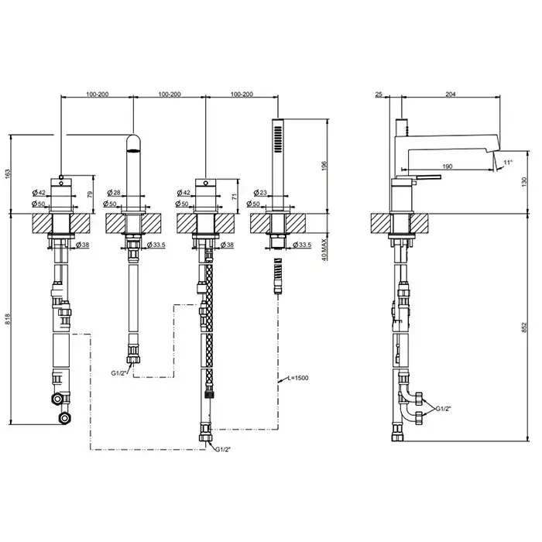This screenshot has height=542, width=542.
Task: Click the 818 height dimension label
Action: pyautogui.click(x=8, y=319)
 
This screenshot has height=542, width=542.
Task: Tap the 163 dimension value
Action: pyautogui.click(x=8, y=174)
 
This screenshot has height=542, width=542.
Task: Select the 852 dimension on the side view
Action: pyautogui.click(x=524, y=328)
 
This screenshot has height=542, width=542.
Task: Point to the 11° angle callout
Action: pyautogui.click(x=508, y=162)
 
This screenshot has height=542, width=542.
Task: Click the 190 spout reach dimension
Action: pyautogui.click(x=448, y=166)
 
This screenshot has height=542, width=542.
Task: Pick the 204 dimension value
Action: pyautogui.click(x=451, y=94)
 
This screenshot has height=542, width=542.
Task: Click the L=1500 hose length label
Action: pyautogui.click(x=298, y=378)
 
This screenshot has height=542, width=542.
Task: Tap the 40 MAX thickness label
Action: pyautogui.click(x=325, y=249)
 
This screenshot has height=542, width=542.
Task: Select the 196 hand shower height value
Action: pyautogui.click(x=324, y=166)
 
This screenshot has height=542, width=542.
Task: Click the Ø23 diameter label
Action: pyautogui.click(x=260, y=193)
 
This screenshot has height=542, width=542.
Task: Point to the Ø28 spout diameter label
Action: pyautogui.click(x=114, y=193)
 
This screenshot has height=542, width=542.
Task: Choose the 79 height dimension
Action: pyautogui.click(x=91, y=194)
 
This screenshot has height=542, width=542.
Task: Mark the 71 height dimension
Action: pyautogui.click(x=235, y=197)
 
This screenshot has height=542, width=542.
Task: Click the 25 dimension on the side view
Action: pyautogui.click(x=379, y=94)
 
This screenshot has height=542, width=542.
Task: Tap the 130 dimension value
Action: pyautogui.click(x=524, y=182)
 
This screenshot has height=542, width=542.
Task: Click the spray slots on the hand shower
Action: pyautogui.click(x=277, y=139)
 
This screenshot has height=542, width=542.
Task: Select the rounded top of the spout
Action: pyautogui.click(x=133, y=142)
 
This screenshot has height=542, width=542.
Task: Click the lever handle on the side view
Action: pyautogui.click(x=429, y=177)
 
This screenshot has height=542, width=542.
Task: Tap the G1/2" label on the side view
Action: pyautogui.click(x=444, y=409)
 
